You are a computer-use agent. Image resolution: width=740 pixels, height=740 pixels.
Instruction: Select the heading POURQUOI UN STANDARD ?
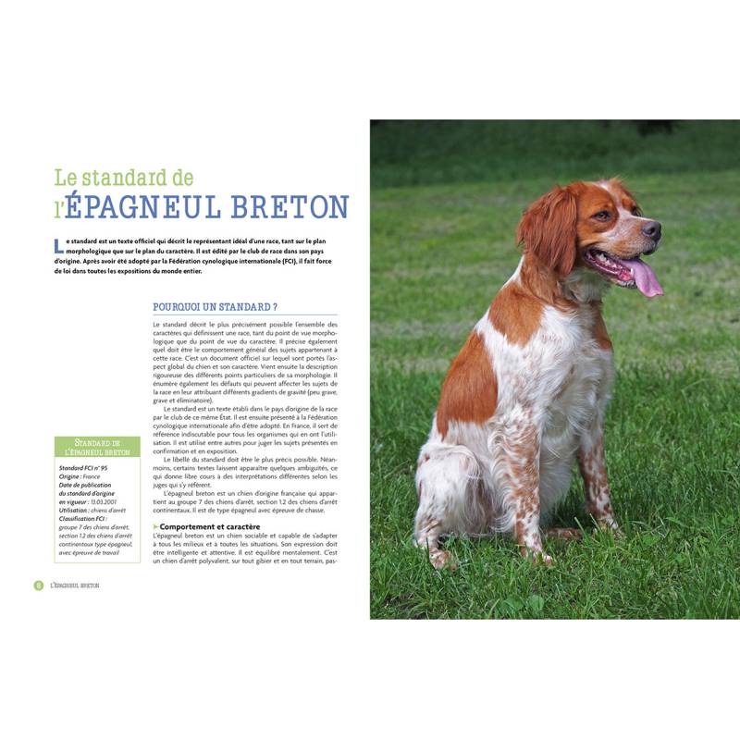coord(215,306)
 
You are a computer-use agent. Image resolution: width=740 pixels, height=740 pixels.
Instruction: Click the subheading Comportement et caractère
coord(209,526)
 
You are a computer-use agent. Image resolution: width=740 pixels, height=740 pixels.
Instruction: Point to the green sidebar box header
coord(97,448)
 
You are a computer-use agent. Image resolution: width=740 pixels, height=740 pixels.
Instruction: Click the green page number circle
coord(39,586)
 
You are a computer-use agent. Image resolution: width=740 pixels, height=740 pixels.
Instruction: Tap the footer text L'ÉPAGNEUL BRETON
coord(76,586)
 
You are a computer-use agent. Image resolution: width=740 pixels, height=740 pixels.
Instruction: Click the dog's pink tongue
coord(645,277)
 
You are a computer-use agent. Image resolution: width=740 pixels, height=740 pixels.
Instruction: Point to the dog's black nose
coord(652,228)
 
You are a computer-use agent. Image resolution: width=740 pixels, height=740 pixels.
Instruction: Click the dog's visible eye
coord(603,216)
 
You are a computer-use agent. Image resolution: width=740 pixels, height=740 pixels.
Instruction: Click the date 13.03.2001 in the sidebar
coord(109,501)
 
